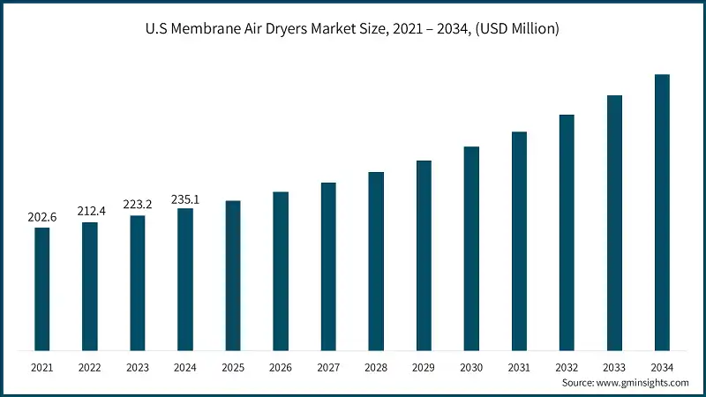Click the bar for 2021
pos(42,288)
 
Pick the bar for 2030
pos(471,248)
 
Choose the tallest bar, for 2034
pos(662,212)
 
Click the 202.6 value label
pos(42,216)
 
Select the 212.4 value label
pos(90,211)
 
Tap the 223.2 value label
pos(138,204)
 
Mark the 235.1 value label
pos(185,198)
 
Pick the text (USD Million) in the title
pos(514,30)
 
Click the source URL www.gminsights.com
pos(642,383)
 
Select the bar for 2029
pos(424,255)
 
